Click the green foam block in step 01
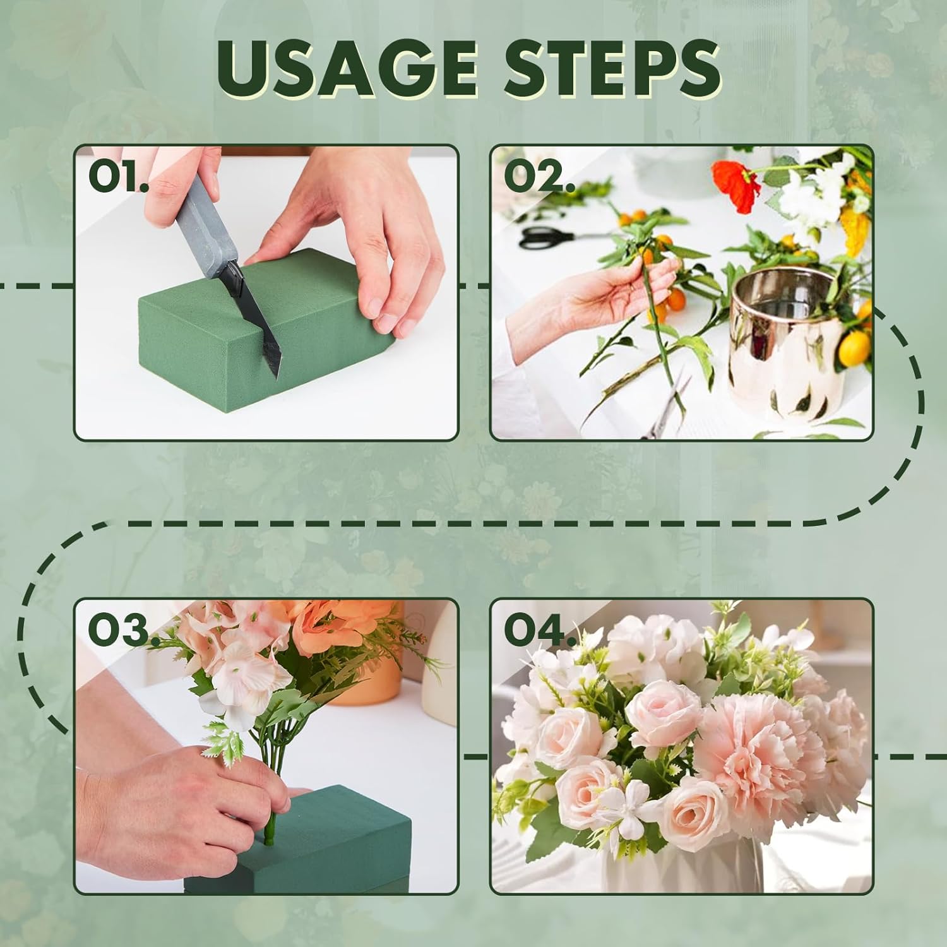[x=265, y=338]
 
